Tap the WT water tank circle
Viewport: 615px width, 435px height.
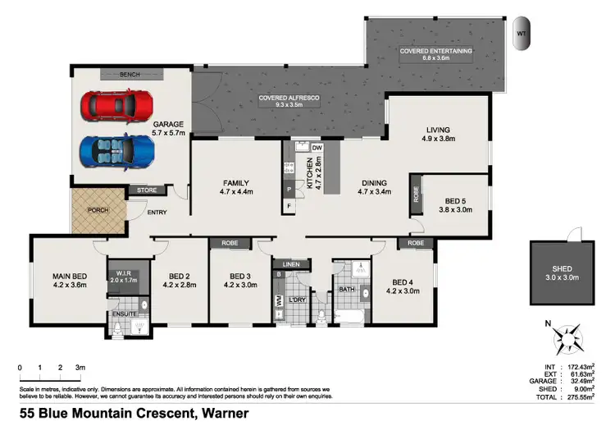point(521,34)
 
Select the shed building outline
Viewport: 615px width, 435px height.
point(561,272)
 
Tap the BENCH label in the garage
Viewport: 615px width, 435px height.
point(130,74)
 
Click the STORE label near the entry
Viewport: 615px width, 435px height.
point(147,190)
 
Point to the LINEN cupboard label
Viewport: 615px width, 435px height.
point(294,264)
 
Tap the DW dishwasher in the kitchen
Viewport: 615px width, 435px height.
point(317,147)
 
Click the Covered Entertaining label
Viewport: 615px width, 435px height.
point(435,51)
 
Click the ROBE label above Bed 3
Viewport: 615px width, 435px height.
point(230,244)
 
